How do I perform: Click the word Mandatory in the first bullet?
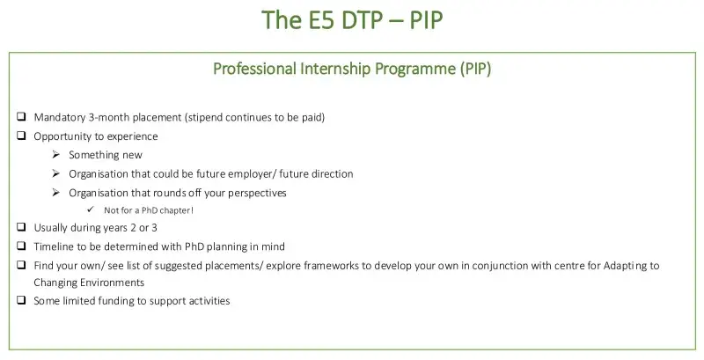pos(62,117)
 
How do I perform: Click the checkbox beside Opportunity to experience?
pos(21,136)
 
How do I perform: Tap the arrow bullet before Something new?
pos(56,155)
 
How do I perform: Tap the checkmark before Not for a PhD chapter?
pos(92,211)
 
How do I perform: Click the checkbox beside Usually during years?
pos(21,228)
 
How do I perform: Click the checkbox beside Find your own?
pos(21,265)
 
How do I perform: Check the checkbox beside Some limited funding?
pos(21,301)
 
